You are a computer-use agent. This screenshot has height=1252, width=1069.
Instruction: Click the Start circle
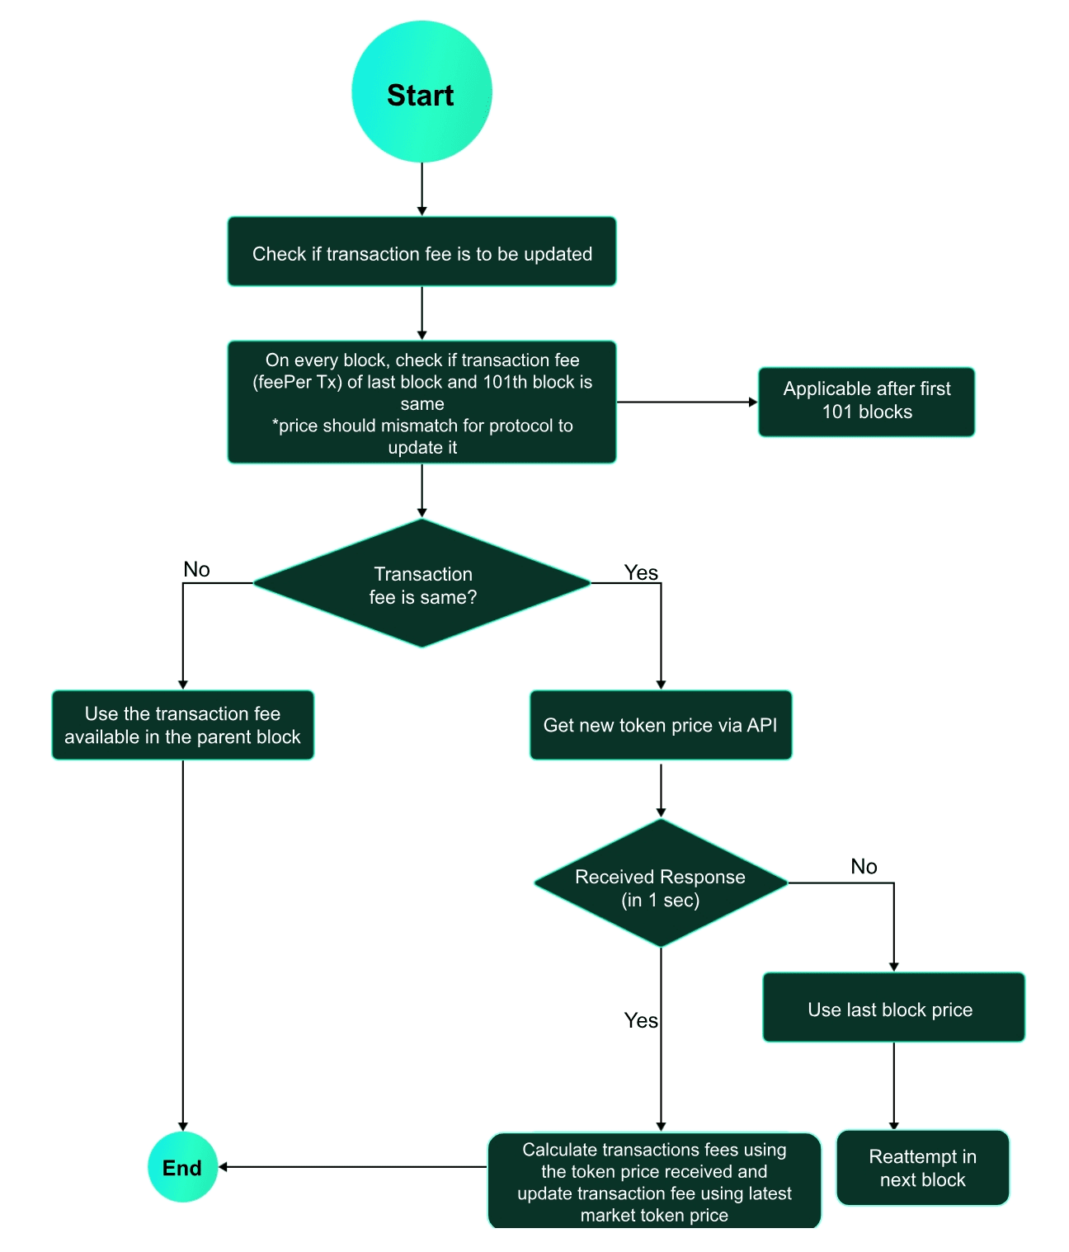421,92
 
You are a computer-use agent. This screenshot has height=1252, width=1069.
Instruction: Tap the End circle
182,1167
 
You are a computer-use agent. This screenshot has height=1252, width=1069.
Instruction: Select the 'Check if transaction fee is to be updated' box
421,252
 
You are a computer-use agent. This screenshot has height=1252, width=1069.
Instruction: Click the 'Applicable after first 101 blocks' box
866,401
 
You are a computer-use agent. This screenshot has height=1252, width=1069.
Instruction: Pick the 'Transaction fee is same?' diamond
421,584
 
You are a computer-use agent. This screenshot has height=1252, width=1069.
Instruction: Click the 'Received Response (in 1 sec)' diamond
660,883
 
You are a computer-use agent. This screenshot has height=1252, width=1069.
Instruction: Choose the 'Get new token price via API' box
660,725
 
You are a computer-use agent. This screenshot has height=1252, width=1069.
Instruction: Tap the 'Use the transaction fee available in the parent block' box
182,725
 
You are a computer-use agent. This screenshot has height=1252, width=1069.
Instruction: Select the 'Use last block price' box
893,1008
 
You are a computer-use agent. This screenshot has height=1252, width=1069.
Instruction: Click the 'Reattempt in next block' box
922,1168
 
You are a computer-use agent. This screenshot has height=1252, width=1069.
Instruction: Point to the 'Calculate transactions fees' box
654,1181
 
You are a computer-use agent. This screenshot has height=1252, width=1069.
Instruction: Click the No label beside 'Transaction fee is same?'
196,569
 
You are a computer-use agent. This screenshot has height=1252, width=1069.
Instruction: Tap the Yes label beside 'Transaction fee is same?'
641,572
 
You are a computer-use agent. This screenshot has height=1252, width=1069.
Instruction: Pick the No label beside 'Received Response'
864,866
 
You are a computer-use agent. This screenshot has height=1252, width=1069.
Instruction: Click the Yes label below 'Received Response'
641,1020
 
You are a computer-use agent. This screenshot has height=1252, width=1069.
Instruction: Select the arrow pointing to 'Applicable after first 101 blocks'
686,402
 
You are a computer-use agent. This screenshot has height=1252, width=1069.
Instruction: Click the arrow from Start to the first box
421,189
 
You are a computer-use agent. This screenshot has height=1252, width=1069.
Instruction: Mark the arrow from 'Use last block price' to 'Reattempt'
893,1085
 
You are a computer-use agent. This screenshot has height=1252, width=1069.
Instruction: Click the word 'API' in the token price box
761,725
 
